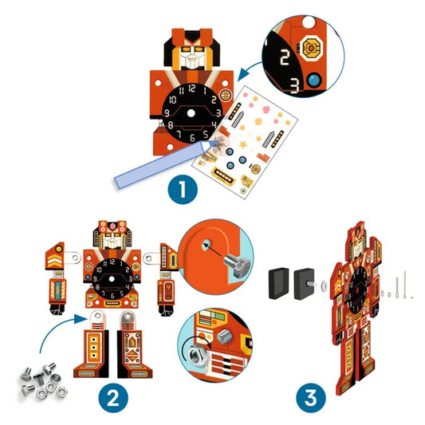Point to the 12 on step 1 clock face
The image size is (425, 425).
pyautogui.click(x=191, y=89)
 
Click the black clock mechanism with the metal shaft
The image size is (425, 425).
pyautogui.click(x=305, y=281)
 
